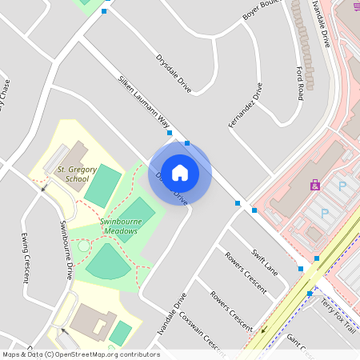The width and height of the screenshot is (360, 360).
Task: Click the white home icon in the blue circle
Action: [180, 172]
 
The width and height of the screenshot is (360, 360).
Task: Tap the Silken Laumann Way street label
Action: [144, 103]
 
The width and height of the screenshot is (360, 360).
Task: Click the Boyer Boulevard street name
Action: [264, 11]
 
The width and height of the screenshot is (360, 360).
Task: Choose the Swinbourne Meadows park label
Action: [108, 226]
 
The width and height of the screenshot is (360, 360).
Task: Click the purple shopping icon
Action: [315, 185]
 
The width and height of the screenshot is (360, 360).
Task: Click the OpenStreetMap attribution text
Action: [80, 354]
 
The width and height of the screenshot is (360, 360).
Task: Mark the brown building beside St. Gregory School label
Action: [75, 153]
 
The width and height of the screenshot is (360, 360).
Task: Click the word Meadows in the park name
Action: [120, 230]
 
